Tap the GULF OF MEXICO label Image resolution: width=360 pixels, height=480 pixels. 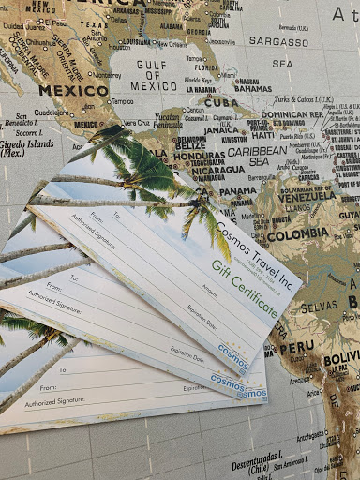160,80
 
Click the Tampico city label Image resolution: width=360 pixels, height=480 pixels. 122,101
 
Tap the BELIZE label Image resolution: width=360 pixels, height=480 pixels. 190,145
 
